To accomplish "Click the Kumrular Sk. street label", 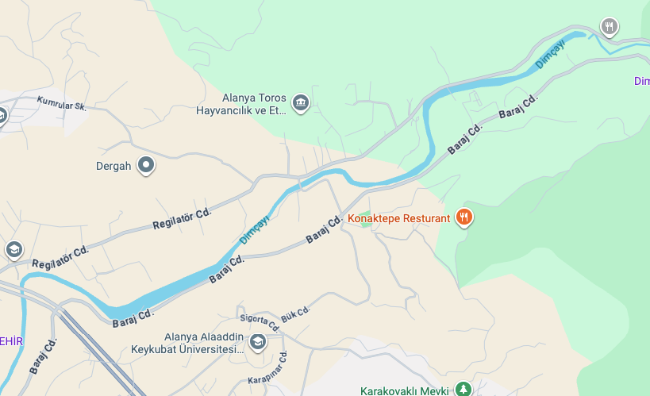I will coord(60,104).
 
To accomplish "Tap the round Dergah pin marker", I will coord(146,165).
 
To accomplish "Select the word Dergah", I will coord(113,167).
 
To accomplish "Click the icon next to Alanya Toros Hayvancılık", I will coord(301,102).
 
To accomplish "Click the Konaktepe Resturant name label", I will coord(399,218).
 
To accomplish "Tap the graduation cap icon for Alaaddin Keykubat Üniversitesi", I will coord(257,343).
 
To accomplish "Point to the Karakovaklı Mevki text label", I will coord(405,390).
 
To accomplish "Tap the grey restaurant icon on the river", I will coord(609,27).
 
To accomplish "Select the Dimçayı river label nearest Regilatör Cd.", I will coord(254,229).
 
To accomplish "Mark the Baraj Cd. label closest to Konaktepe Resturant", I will coord(324,229).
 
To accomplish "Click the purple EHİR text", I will coord(11,341).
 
